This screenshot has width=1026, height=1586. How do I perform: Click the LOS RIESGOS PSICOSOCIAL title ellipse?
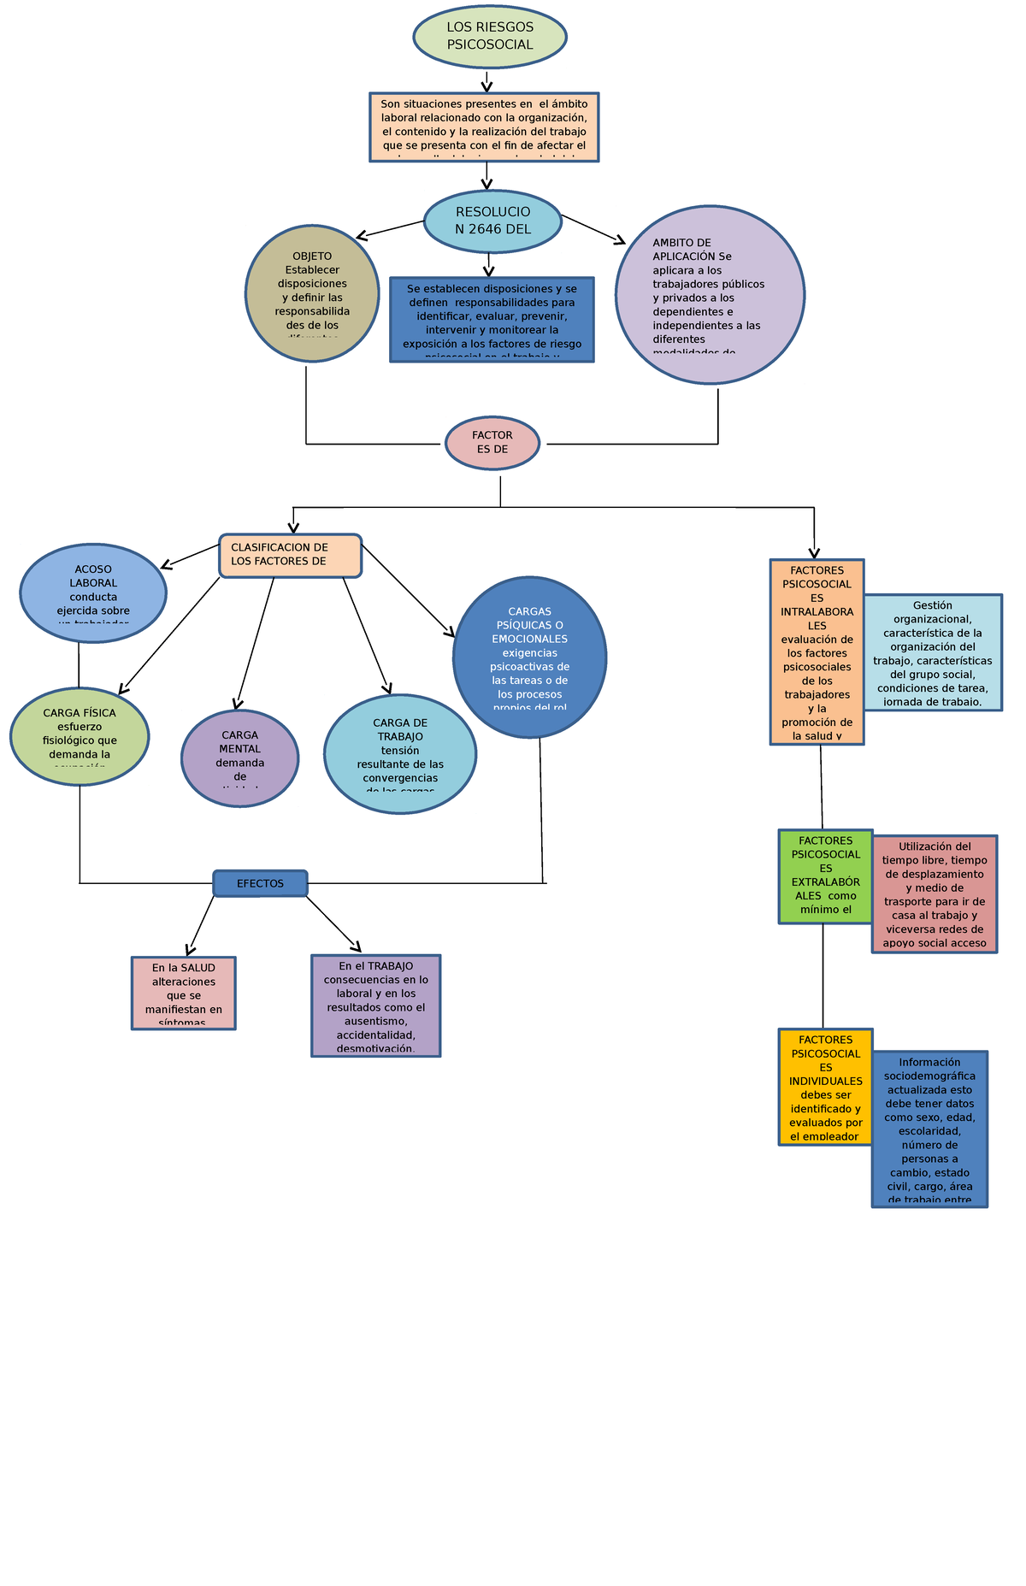pos(490,36)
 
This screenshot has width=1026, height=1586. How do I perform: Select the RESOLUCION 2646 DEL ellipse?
pos(492,221)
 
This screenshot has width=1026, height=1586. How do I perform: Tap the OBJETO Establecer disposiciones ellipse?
pos(312,294)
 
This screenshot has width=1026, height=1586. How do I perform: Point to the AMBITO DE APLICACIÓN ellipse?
pos(710,295)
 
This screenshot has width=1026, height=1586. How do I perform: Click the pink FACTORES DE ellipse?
pos(492,443)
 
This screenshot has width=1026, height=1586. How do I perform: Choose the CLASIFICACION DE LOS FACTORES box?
pos(291,556)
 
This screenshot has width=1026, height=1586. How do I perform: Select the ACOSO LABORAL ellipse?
pos(93,593)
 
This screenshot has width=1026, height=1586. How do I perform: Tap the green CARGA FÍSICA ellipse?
pos(80,736)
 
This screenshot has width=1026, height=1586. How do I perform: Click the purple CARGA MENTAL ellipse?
pos(239,758)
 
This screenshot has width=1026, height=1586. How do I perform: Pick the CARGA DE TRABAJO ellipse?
pos(400,753)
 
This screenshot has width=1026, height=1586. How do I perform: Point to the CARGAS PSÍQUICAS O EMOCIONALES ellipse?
pos(530,657)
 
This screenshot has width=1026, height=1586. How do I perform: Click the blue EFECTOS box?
pos(260,883)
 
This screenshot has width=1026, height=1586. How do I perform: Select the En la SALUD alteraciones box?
pos(184,993)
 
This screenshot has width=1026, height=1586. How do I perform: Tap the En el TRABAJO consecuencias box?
pos(376,1005)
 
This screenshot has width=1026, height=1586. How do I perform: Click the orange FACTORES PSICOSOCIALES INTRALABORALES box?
pos(817,651)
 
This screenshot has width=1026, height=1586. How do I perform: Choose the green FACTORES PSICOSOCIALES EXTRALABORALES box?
pos(825,876)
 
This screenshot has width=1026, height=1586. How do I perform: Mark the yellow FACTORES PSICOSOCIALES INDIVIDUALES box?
pos(825,1087)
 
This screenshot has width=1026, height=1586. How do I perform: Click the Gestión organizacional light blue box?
pos(932,652)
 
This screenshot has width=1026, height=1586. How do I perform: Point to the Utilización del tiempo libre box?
pos(935,893)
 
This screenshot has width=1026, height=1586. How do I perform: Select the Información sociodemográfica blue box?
pos(929,1129)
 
